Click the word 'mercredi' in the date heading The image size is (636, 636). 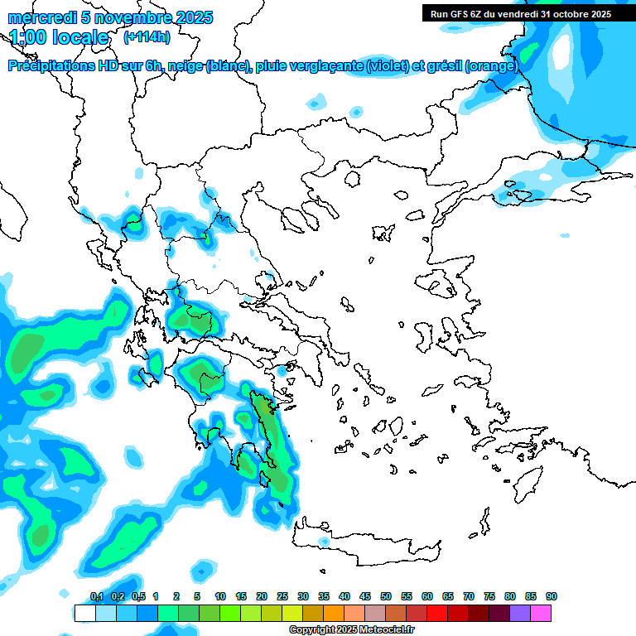tap(38, 17)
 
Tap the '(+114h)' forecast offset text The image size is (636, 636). tap(146, 37)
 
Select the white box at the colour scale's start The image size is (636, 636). tap(84, 613)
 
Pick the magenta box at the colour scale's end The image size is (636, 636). tap(542, 613)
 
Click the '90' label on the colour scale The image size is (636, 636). tap(552, 596)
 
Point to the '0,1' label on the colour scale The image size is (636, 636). tap(96, 596)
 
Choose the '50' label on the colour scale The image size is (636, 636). tap(386, 596)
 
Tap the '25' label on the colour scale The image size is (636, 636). tap(282, 596)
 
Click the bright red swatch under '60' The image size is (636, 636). tap(437, 613)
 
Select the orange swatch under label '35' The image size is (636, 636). tap(334, 613)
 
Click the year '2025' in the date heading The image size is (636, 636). tap(189, 17)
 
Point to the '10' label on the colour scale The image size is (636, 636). tap(220, 596)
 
